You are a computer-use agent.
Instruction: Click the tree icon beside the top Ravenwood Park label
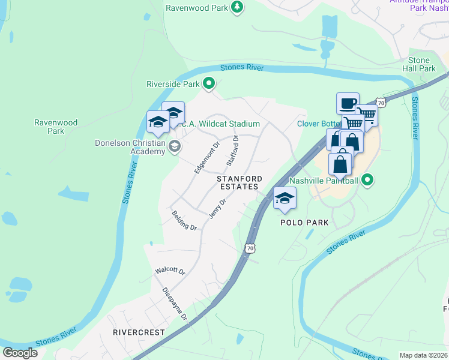[238, 7]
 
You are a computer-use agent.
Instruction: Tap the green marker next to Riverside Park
[209, 84]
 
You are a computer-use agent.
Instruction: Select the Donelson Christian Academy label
[130, 147]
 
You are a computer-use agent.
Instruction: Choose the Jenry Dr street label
[217, 208]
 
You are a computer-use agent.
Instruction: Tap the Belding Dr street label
[184, 220]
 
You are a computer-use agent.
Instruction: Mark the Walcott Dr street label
[170, 271]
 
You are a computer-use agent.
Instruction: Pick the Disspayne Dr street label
[175, 304]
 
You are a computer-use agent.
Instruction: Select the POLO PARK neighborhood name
[304, 223]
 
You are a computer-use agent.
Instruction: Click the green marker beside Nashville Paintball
[368, 179]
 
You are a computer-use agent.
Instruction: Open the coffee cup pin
[348, 104]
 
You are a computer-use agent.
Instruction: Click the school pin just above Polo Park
[285, 199]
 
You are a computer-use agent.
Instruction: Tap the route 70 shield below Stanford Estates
[250, 248]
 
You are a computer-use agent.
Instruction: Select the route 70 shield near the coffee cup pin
[381, 103]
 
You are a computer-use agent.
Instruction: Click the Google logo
[20, 353]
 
